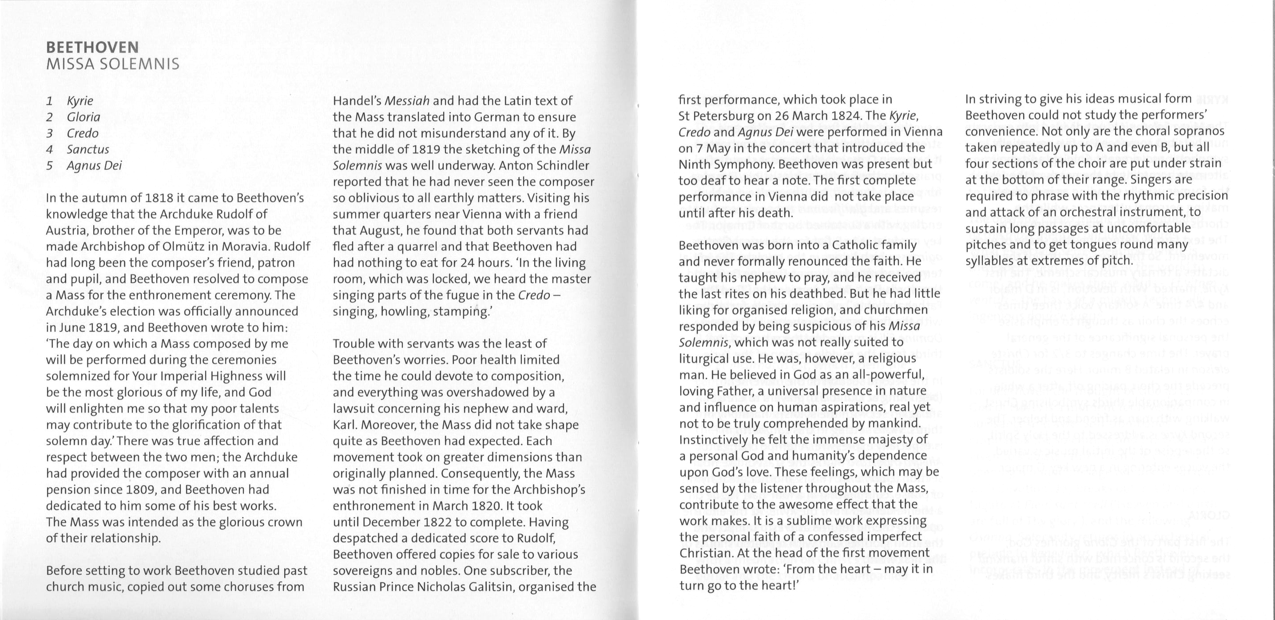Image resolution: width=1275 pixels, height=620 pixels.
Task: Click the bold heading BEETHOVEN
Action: [92, 48]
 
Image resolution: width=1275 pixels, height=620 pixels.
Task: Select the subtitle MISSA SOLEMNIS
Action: [112, 64]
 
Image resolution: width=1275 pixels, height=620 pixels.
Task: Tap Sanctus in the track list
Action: [88, 149]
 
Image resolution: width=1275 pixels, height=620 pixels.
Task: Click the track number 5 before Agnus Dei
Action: [49, 165]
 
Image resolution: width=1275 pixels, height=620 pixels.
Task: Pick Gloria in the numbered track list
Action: [83, 117]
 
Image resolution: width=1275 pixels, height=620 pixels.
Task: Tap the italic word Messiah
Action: [407, 101]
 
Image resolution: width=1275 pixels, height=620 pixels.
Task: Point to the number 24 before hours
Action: [467, 263]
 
